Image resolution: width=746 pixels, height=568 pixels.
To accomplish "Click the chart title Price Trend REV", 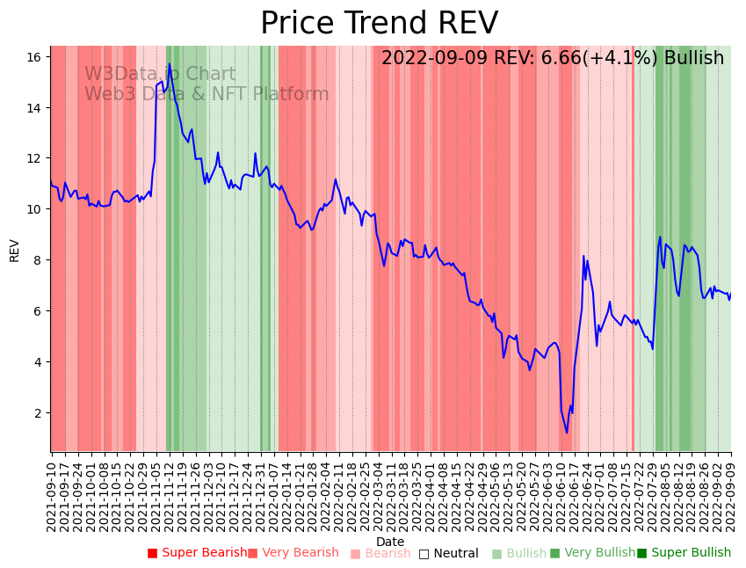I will coord(379,24).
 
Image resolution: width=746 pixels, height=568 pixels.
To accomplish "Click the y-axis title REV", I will coord(14,250).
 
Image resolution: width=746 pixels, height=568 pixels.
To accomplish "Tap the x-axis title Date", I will coord(390,542).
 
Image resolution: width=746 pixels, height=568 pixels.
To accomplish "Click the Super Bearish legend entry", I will coord(197,553).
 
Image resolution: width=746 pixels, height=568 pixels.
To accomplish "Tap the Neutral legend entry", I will coord(448,553).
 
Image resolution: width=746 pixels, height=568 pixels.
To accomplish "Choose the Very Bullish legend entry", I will coord(592,553).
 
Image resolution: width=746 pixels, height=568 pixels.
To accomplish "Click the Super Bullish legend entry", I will coord(684,553).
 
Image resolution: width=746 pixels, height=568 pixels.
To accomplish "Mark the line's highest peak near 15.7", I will coord(170,64).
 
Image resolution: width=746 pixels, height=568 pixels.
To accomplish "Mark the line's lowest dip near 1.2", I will coord(567,433).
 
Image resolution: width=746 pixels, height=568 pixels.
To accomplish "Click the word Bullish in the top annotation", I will coord(694,58).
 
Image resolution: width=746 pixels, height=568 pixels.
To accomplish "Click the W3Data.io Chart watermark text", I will coord(160,75).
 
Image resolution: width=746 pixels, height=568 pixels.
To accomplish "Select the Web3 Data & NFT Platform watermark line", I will coord(206,94).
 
